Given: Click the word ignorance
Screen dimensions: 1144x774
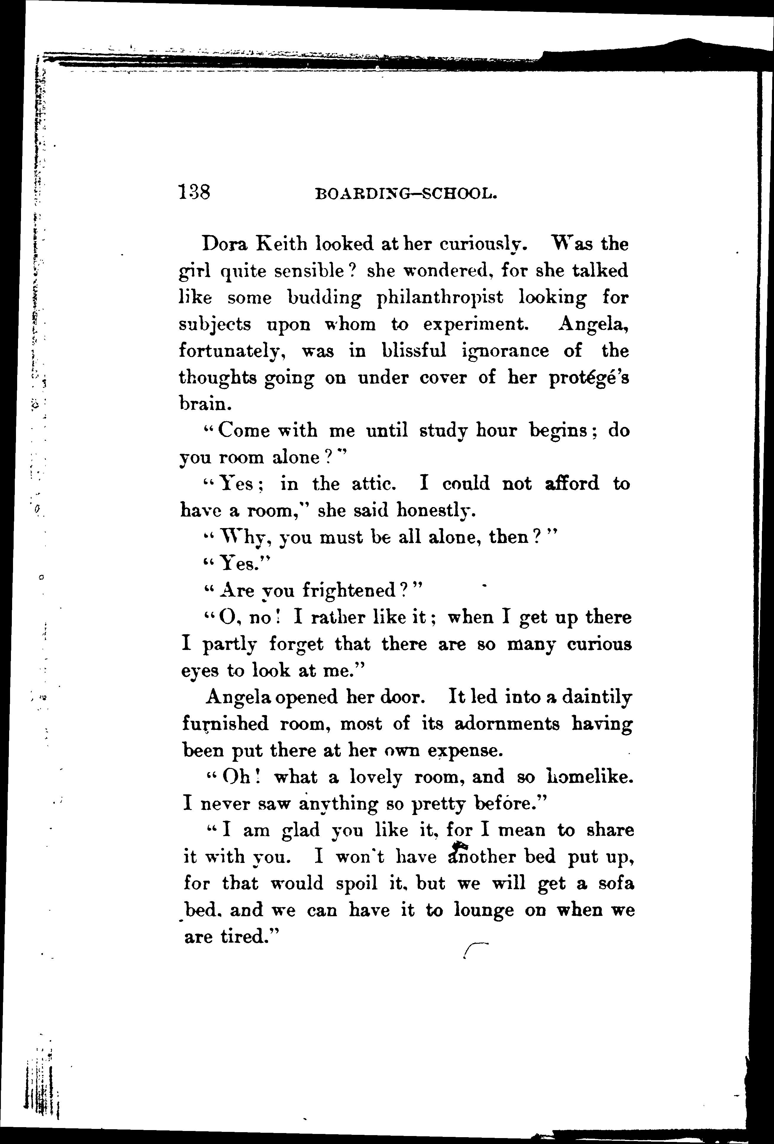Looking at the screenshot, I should coord(505,351).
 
